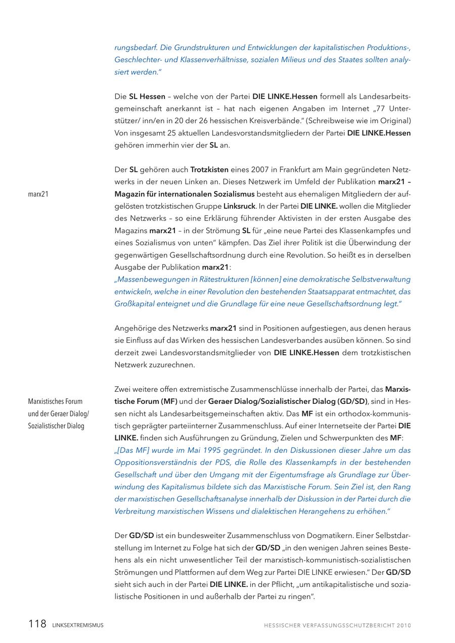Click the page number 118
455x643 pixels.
coord(37,624)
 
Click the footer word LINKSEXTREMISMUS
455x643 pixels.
coord(77,625)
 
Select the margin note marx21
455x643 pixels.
coord(38,194)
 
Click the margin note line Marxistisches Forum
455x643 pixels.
coord(55,401)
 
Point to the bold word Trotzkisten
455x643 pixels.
coord(209,169)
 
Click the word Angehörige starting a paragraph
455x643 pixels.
coord(133,328)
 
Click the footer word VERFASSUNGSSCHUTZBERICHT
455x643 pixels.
coord(345,625)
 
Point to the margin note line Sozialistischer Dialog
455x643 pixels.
coord(56,426)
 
